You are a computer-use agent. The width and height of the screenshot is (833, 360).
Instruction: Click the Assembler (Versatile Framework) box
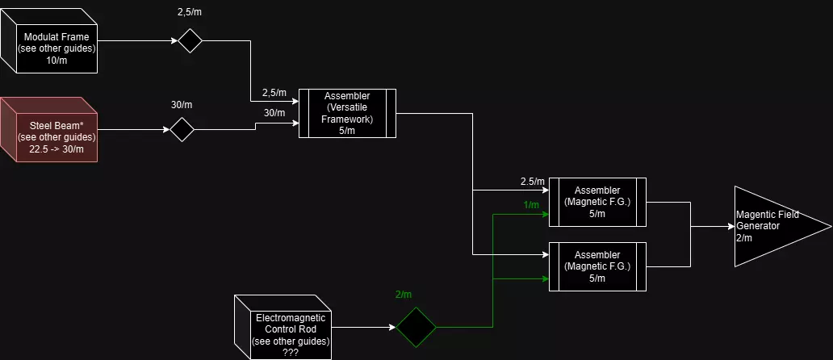347,113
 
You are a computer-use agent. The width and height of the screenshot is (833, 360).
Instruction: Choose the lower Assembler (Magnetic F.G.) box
597,266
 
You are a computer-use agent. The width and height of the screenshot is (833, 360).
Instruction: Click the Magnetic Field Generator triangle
775,226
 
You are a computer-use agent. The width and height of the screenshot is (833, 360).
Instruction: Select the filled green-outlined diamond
416,327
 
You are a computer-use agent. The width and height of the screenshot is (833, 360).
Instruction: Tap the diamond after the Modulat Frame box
190,40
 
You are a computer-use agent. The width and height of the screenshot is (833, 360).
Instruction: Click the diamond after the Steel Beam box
182,128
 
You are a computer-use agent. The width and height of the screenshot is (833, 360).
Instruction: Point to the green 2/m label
404,295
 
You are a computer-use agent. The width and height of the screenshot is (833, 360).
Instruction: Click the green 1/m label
531,205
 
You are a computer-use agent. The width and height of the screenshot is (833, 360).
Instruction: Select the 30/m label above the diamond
182,105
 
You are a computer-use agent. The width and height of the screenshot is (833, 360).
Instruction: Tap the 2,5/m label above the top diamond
190,14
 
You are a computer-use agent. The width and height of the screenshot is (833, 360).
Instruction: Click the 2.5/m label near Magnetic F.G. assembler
533,181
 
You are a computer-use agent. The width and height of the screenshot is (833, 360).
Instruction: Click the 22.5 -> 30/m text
57,149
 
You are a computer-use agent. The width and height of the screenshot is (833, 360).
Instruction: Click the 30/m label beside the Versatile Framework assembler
274,112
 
